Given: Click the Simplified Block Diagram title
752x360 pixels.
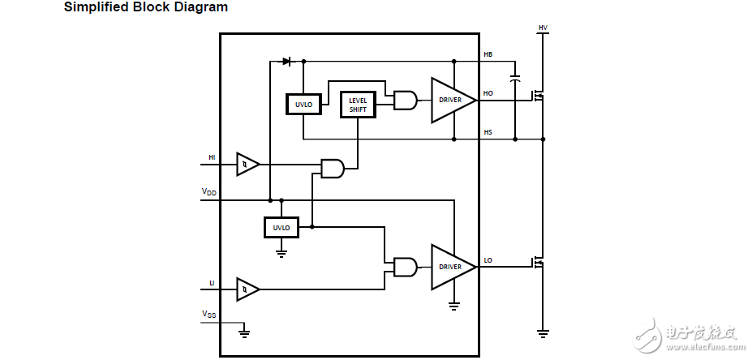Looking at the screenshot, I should (x=146, y=8).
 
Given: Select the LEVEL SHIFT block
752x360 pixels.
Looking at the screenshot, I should (x=358, y=105).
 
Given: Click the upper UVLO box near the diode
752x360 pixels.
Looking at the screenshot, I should (x=303, y=104).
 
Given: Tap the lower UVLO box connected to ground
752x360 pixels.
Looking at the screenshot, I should (x=281, y=228).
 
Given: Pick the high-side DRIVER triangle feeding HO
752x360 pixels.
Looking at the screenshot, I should (x=450, y=101).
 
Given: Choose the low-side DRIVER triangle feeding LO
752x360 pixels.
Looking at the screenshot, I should (x=450, y=267).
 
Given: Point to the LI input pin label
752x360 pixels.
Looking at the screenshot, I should (x=212, y=282).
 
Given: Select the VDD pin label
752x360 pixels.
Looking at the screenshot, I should (x=209, y=192).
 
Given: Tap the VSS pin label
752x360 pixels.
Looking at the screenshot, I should (x=209, y=314).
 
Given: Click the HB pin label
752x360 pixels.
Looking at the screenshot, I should (x=488, y=54).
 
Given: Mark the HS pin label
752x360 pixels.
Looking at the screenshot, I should (x=488, y=132).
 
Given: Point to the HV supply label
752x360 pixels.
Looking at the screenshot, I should (x=543, y=28).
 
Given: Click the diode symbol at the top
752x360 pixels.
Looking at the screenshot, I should (x=286, y=61).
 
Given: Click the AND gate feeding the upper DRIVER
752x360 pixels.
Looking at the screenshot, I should (x=405, y=101).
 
